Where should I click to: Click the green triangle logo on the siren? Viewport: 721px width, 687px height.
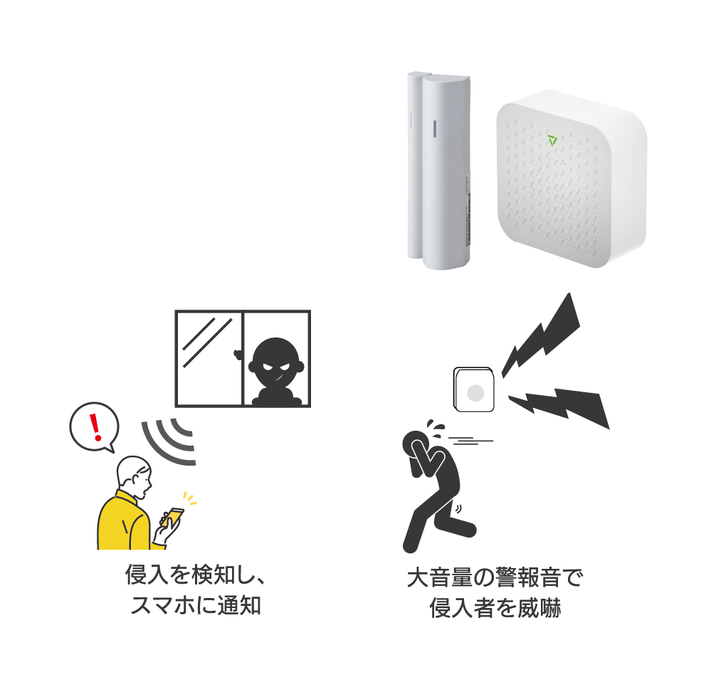point(553,140)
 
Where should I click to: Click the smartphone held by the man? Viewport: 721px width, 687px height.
point(172,518)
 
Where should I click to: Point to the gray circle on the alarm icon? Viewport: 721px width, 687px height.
point(475,393)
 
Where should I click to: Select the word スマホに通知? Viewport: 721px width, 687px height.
point(196,607)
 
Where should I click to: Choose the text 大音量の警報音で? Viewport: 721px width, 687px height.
point(495,577)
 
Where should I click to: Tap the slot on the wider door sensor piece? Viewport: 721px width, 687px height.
point(433,127)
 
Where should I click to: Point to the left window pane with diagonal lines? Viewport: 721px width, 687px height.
point(210,358)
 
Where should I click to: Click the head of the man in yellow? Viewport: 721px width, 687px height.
point(135,473)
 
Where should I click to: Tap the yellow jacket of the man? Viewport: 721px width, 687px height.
point(125,523)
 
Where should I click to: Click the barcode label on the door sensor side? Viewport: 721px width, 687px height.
point(468,214)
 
